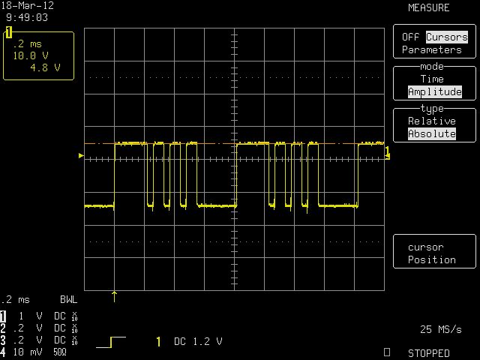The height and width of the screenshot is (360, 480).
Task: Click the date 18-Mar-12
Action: point(28,5)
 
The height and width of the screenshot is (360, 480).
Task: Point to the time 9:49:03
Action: point(27,17)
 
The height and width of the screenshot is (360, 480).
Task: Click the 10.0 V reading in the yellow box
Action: point(31,55)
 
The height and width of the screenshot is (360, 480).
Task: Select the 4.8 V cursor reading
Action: point(45,67)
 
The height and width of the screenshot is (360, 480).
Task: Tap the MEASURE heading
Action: point(428,7)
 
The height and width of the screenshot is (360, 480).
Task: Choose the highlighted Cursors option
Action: point(447,37)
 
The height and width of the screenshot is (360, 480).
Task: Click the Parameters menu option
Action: point(432,49)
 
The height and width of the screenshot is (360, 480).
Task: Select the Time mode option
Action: point(432,79)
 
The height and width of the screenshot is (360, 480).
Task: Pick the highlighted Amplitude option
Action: point(435,91)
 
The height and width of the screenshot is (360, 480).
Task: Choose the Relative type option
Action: point(432,121)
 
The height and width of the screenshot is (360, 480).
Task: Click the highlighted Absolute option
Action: point(432,133)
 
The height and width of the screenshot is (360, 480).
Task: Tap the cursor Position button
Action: point(432,253)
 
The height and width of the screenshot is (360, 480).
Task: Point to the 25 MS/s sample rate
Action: point(440,329)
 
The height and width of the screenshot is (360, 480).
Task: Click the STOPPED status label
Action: point(428,353)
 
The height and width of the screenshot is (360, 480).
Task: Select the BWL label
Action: point(68,299)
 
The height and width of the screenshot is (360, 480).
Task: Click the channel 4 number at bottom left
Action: point(3,352)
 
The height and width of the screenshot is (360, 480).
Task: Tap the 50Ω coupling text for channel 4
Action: point(60,352)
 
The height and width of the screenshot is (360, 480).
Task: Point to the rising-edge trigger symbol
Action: point(111,342)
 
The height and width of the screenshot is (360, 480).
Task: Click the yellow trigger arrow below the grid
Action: point(114,297)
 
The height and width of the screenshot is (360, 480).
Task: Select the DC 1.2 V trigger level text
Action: point(198,341)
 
